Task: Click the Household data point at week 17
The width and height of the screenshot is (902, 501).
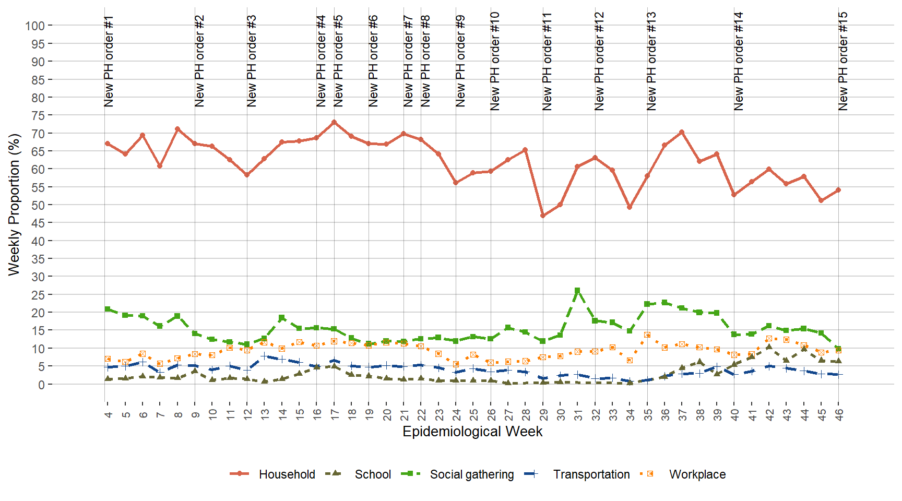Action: pyautogui.click(x=334, y=122)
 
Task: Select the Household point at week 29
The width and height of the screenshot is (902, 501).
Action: pyautogui.click(x=543, y=216)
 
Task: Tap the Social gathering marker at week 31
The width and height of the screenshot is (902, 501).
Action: pyautogui.click(x=577, y=291)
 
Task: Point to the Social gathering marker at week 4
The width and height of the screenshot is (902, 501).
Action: pyautogui.click(x=108, y=309)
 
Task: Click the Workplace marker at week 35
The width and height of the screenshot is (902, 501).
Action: pyautogui.click(x=647, y=335)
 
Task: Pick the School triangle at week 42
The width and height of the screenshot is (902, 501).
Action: pyautogui.click(x=769, y=347)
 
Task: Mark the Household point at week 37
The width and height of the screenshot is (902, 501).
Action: pyautogui.click(x=682, y=133)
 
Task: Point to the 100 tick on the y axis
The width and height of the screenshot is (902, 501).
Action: pyautogui.click(x=35, y=26)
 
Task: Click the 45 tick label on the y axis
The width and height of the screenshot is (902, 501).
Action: pyautogui.click(x=38, y=223)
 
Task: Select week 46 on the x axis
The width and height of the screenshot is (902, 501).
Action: pyautogui.click(x=839, y=414)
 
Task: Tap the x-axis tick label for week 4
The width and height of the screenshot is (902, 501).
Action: pyautogui.click(x=108, y=414)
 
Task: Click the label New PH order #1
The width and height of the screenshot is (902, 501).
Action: pyautogui.click(x=109, y=62)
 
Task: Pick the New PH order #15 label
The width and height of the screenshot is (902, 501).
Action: pyautogui.click(x=843, y=62)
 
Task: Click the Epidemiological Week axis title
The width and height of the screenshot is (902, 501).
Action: pyautogui.click(x=472, y=432)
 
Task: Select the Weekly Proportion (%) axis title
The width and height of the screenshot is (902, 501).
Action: pyautogui.click(x=14, y=205)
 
